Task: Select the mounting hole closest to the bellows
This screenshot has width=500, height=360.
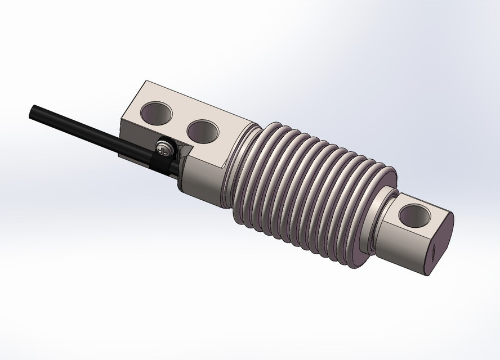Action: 203,130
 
